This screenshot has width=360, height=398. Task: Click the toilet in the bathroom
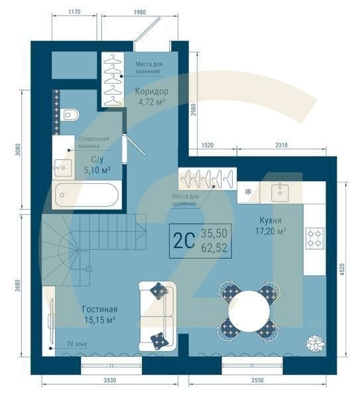(71, 115)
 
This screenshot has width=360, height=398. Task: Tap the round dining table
(249, 309)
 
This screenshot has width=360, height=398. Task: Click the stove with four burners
(314, 238)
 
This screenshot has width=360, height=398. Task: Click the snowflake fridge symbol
(249, 192)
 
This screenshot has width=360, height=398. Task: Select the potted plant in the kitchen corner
(314, 343)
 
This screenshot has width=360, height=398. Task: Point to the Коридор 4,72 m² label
(150, 96)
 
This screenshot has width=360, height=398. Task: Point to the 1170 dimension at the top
(74, 11)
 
